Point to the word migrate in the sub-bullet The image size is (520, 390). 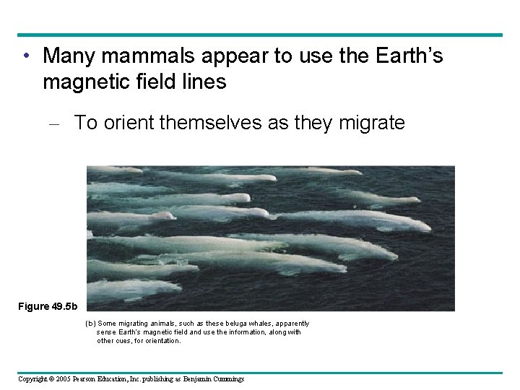[x=371, y=123]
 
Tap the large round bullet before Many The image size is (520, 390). [x=27, y=56]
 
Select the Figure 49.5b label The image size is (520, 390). [x=47, y=306]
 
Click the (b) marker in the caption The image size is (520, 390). [x=90, y=324]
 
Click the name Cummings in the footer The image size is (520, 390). [x=225, y=379]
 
